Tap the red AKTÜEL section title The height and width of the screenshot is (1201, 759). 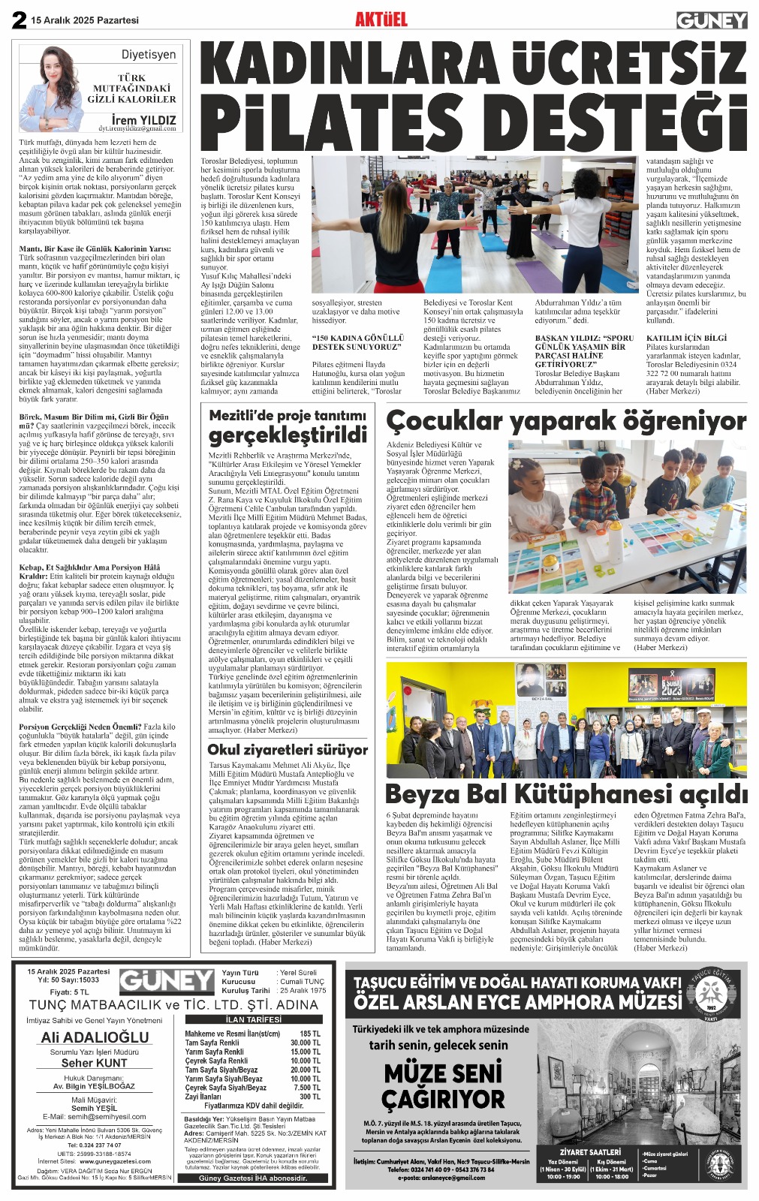click(381, 19)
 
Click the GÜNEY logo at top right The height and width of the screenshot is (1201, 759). click(711, 20)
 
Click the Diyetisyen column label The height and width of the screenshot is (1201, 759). click(149, 55)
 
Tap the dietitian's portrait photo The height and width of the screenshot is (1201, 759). click(55, 88)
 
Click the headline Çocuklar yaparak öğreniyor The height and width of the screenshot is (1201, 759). click(566, 422)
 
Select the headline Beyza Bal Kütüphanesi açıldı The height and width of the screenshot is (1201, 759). click(566, 793)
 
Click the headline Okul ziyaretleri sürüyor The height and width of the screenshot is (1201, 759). click(288, 749)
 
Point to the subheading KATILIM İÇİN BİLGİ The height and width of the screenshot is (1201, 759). click(686, 338)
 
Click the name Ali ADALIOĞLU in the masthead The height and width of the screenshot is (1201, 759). click(95, 1037)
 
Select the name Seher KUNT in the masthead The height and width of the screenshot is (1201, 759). click(95, 1063)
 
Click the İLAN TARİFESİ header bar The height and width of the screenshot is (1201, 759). click(254, 1019)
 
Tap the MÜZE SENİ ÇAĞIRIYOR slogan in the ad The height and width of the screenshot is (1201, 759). click(443, 1086)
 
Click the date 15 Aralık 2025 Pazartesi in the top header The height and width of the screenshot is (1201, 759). click(85, 20)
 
